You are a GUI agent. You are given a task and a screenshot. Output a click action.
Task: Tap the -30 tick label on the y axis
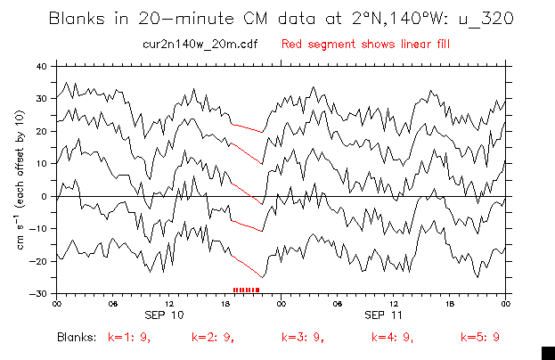pos(39,294)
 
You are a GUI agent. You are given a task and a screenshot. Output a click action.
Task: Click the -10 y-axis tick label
pos(39,229)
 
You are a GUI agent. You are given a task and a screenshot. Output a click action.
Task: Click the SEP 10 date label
pos(165,315)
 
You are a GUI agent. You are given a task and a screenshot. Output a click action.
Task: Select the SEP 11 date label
pos(388,315)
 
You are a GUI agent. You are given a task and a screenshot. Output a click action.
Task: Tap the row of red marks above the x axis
pos(246,290)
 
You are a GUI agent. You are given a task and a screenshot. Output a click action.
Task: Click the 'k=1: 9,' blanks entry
pos(126,338)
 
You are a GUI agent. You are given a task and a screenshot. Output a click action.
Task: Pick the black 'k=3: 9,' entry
pos(302,338)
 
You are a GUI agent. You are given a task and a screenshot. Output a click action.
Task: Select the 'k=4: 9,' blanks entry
pos(393,338)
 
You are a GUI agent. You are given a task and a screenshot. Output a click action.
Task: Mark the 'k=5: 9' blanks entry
pos(479,338)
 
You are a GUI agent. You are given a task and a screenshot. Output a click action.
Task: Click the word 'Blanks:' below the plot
pos(77,338)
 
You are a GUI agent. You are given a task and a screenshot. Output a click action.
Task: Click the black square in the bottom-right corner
pos(548,350)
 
